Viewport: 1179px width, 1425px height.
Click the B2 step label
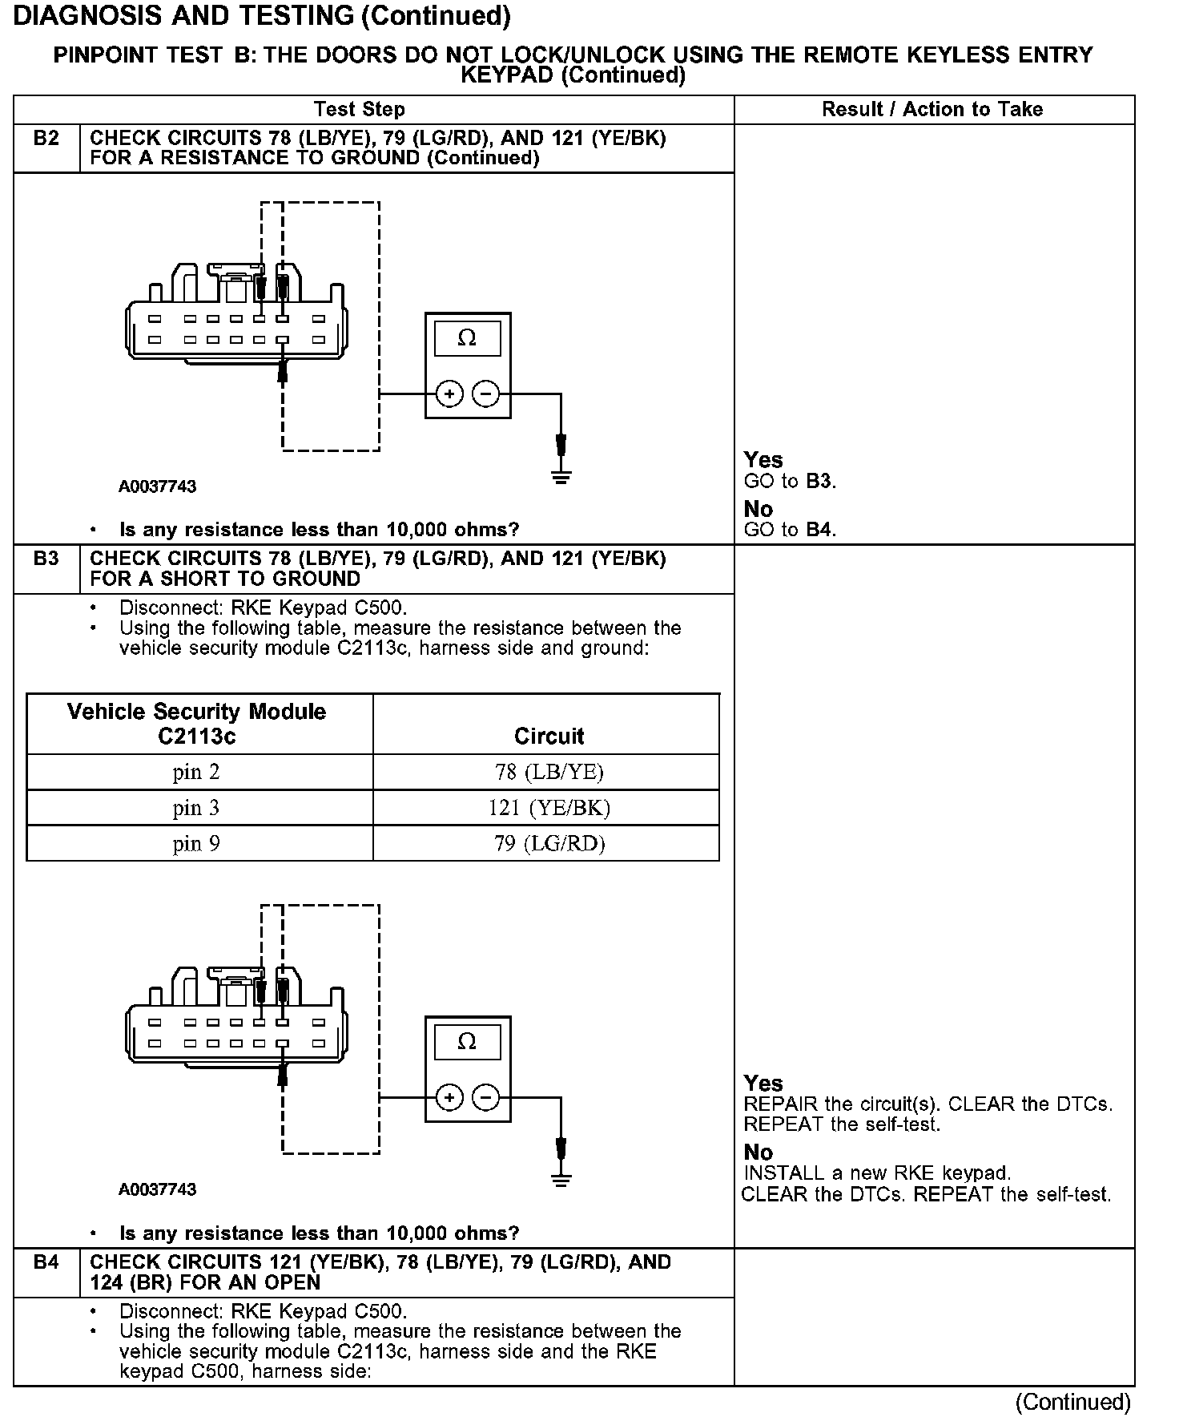click(x=46, y=139)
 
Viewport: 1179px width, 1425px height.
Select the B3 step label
click(x=46, y=559)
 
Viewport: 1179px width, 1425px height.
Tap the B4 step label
click(x=46, y=1262)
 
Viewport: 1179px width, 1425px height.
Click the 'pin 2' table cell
click(x=196, y=772)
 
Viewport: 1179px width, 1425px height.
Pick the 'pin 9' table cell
click(x=196, y=843)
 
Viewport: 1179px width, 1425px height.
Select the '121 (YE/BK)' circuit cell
click(x=549, y=808)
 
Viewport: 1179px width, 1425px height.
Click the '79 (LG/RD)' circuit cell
click(x=549, y=843)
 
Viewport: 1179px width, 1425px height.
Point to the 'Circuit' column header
click(x=549, y=736)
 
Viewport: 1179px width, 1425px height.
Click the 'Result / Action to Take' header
click(x=932, y=110)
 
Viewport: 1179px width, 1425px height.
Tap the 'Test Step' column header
click(x=360, y=110)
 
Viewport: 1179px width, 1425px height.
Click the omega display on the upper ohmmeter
click(x=467, y=338)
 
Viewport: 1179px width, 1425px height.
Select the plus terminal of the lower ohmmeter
click(x=449, y=1097)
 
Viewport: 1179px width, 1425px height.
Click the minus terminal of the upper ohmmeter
click(x=485, y=394)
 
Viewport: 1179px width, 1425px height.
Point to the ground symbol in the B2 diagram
click(x=561, y=478)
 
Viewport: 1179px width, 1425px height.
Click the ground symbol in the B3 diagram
click(x=561, y=1180)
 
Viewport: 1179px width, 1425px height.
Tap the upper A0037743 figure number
click(x=158, y=486)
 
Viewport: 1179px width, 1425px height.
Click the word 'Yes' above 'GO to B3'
click(x=763, y=460)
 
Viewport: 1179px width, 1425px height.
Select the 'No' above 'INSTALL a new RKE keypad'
click(x=758, y=1153)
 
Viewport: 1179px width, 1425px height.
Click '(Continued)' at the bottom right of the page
click(x=1073, y=1402)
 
